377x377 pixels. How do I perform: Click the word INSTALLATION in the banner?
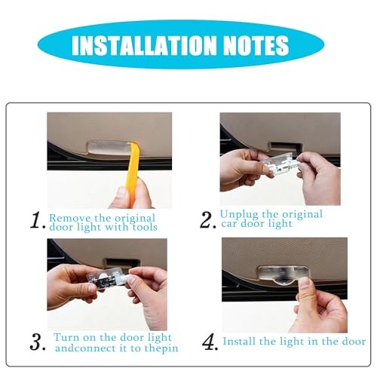(x=144, y=45)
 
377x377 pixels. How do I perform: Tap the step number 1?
(x=37, y=220)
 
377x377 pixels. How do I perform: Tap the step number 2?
(x=207, y=220)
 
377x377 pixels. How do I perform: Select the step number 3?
(x=37, y=342)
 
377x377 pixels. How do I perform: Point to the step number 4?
(x=210, y=342)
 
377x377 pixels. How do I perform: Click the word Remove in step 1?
(x=70, y=218)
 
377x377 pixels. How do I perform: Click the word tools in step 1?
(x=145, y=227)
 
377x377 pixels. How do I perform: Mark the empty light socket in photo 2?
(x=286, y=148)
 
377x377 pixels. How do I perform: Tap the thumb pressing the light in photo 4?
(x=305, y=287)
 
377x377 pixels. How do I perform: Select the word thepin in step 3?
(x=161, y=349)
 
